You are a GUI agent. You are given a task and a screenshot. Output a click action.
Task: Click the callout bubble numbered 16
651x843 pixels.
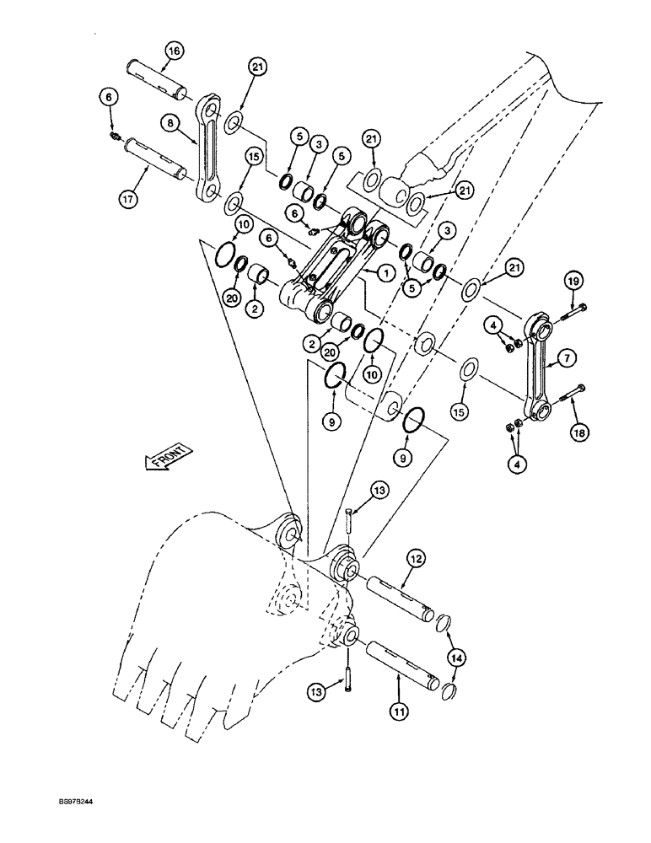(172, 51)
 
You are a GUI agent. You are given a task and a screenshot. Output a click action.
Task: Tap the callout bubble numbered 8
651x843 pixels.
(172, 123)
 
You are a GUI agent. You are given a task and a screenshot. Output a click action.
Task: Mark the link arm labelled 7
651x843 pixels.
(537, 367)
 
